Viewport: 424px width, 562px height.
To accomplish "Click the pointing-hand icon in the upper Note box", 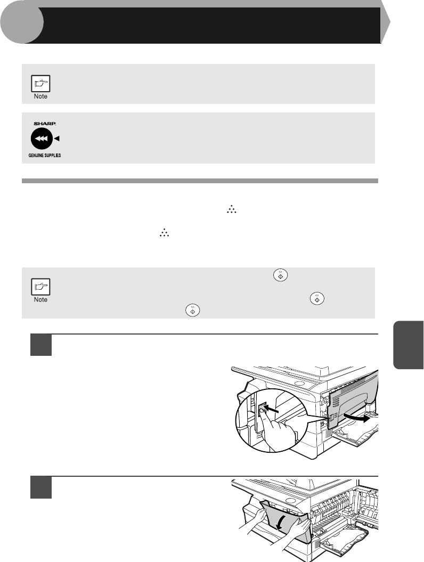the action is point(40,84).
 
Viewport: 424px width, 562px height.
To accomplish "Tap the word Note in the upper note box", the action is point(40,96).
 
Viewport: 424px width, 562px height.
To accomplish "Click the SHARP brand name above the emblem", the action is point(45,124).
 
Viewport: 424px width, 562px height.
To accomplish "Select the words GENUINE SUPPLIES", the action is point(44,156).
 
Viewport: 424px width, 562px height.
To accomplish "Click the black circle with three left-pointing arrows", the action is point(42,139).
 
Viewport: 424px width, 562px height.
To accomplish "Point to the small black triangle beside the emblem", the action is point(56,139).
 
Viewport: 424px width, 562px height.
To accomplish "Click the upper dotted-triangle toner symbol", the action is point(232,210).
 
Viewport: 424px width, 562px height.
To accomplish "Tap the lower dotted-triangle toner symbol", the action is point(164,233).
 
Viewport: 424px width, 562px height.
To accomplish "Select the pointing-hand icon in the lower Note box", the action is point(40,287).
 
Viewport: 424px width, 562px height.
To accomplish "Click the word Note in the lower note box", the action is point(40,299).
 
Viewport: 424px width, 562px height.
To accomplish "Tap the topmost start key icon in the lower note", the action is point(281,275).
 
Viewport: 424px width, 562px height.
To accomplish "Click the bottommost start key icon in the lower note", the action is point(192,311).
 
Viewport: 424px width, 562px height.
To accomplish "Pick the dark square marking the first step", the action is point(41,345).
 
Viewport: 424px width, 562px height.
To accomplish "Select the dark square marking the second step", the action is point(41,487).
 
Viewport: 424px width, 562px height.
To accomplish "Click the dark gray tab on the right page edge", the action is point(409,345).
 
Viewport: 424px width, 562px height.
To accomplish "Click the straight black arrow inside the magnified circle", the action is point(271,409).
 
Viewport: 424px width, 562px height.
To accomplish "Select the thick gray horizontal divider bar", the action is point(200,181).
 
